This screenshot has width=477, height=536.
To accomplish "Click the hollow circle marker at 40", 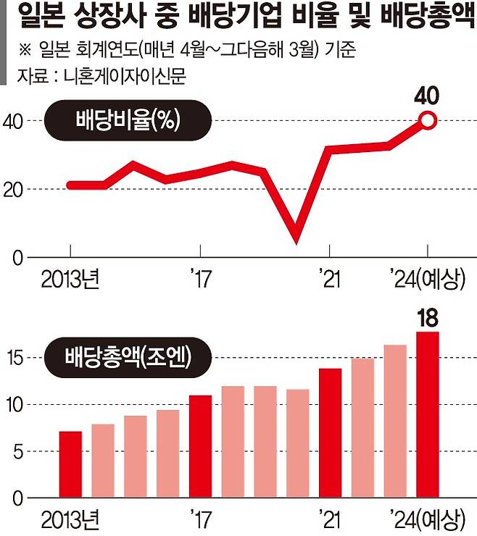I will pos(428,121).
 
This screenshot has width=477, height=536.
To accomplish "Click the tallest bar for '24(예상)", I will pos(428,415).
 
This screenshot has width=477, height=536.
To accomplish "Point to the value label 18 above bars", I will pos(428,317).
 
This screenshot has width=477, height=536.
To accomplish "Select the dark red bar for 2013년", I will pos(70,465).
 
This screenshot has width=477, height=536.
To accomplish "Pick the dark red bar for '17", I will pos(200,447).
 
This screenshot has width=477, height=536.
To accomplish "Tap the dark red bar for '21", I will pos(330,433).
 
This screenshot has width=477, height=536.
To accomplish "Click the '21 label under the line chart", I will pos(330,278).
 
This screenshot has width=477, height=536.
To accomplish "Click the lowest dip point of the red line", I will pos(296,240).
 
